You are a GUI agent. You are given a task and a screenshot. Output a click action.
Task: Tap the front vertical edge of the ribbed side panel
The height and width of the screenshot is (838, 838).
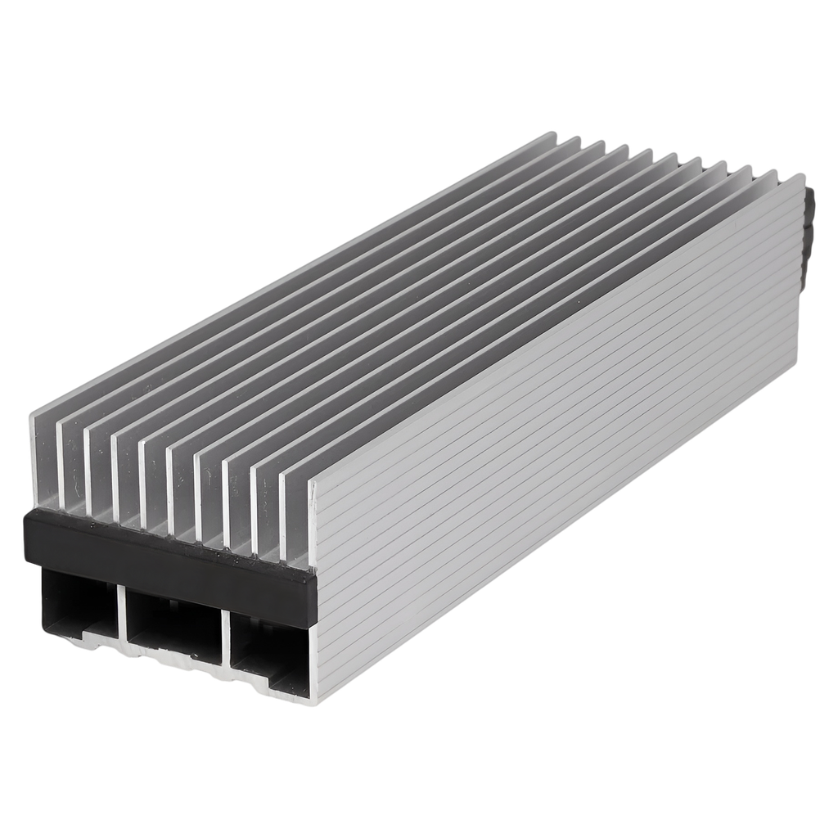[312, 589]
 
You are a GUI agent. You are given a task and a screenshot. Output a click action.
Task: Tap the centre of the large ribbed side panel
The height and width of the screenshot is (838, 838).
[556, 434]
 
